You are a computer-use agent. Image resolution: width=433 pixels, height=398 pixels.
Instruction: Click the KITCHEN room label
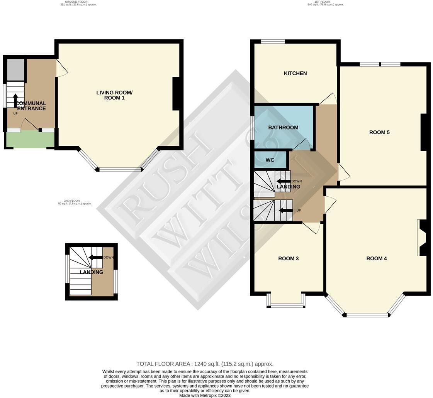coord(295,73)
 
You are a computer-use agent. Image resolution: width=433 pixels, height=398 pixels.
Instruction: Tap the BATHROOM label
coord(283,128)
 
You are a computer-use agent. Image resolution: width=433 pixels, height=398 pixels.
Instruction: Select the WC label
coord(270,160)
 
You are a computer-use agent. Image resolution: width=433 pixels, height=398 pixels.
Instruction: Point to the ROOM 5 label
coord(379,132)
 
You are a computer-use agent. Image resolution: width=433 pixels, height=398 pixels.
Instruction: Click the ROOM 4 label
coord(377,258)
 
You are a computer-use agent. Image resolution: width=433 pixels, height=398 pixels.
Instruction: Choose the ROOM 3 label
coord(289,258)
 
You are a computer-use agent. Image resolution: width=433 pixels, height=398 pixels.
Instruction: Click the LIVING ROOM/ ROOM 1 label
coord(114,95)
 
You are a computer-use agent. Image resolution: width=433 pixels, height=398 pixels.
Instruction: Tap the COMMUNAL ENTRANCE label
coord(31,106)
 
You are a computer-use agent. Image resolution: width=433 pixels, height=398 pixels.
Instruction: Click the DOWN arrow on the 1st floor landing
coord(284,181)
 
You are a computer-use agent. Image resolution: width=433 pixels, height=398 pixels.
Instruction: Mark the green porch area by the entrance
coord(30,140)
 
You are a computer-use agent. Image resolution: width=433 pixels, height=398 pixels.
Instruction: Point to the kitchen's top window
coord(273,42)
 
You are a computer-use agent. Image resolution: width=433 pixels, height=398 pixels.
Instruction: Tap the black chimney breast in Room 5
coord(423,132)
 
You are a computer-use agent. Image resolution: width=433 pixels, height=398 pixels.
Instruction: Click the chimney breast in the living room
coord(177,94)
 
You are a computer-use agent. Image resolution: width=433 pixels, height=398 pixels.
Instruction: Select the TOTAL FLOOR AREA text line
coord(205,364)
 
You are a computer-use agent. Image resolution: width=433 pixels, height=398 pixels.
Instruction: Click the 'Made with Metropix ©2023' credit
coord(205,395)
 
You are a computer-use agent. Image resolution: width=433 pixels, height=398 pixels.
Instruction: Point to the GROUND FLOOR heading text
coord(78,3)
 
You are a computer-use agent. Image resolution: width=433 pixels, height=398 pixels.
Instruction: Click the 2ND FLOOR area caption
coord(75,202)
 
